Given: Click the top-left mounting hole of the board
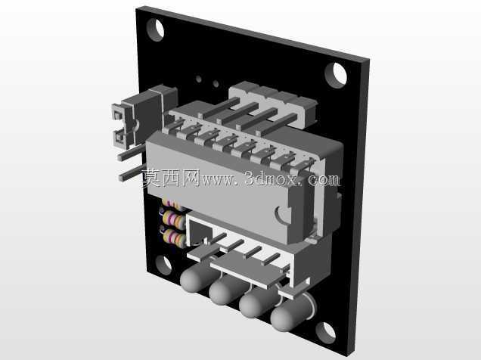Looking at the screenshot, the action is (x=155, y=29).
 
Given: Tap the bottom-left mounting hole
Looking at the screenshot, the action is (x=163, y=265).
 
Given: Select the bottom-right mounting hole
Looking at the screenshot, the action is (x=326, y=333).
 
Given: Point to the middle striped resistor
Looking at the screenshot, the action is (x=172, y=219).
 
